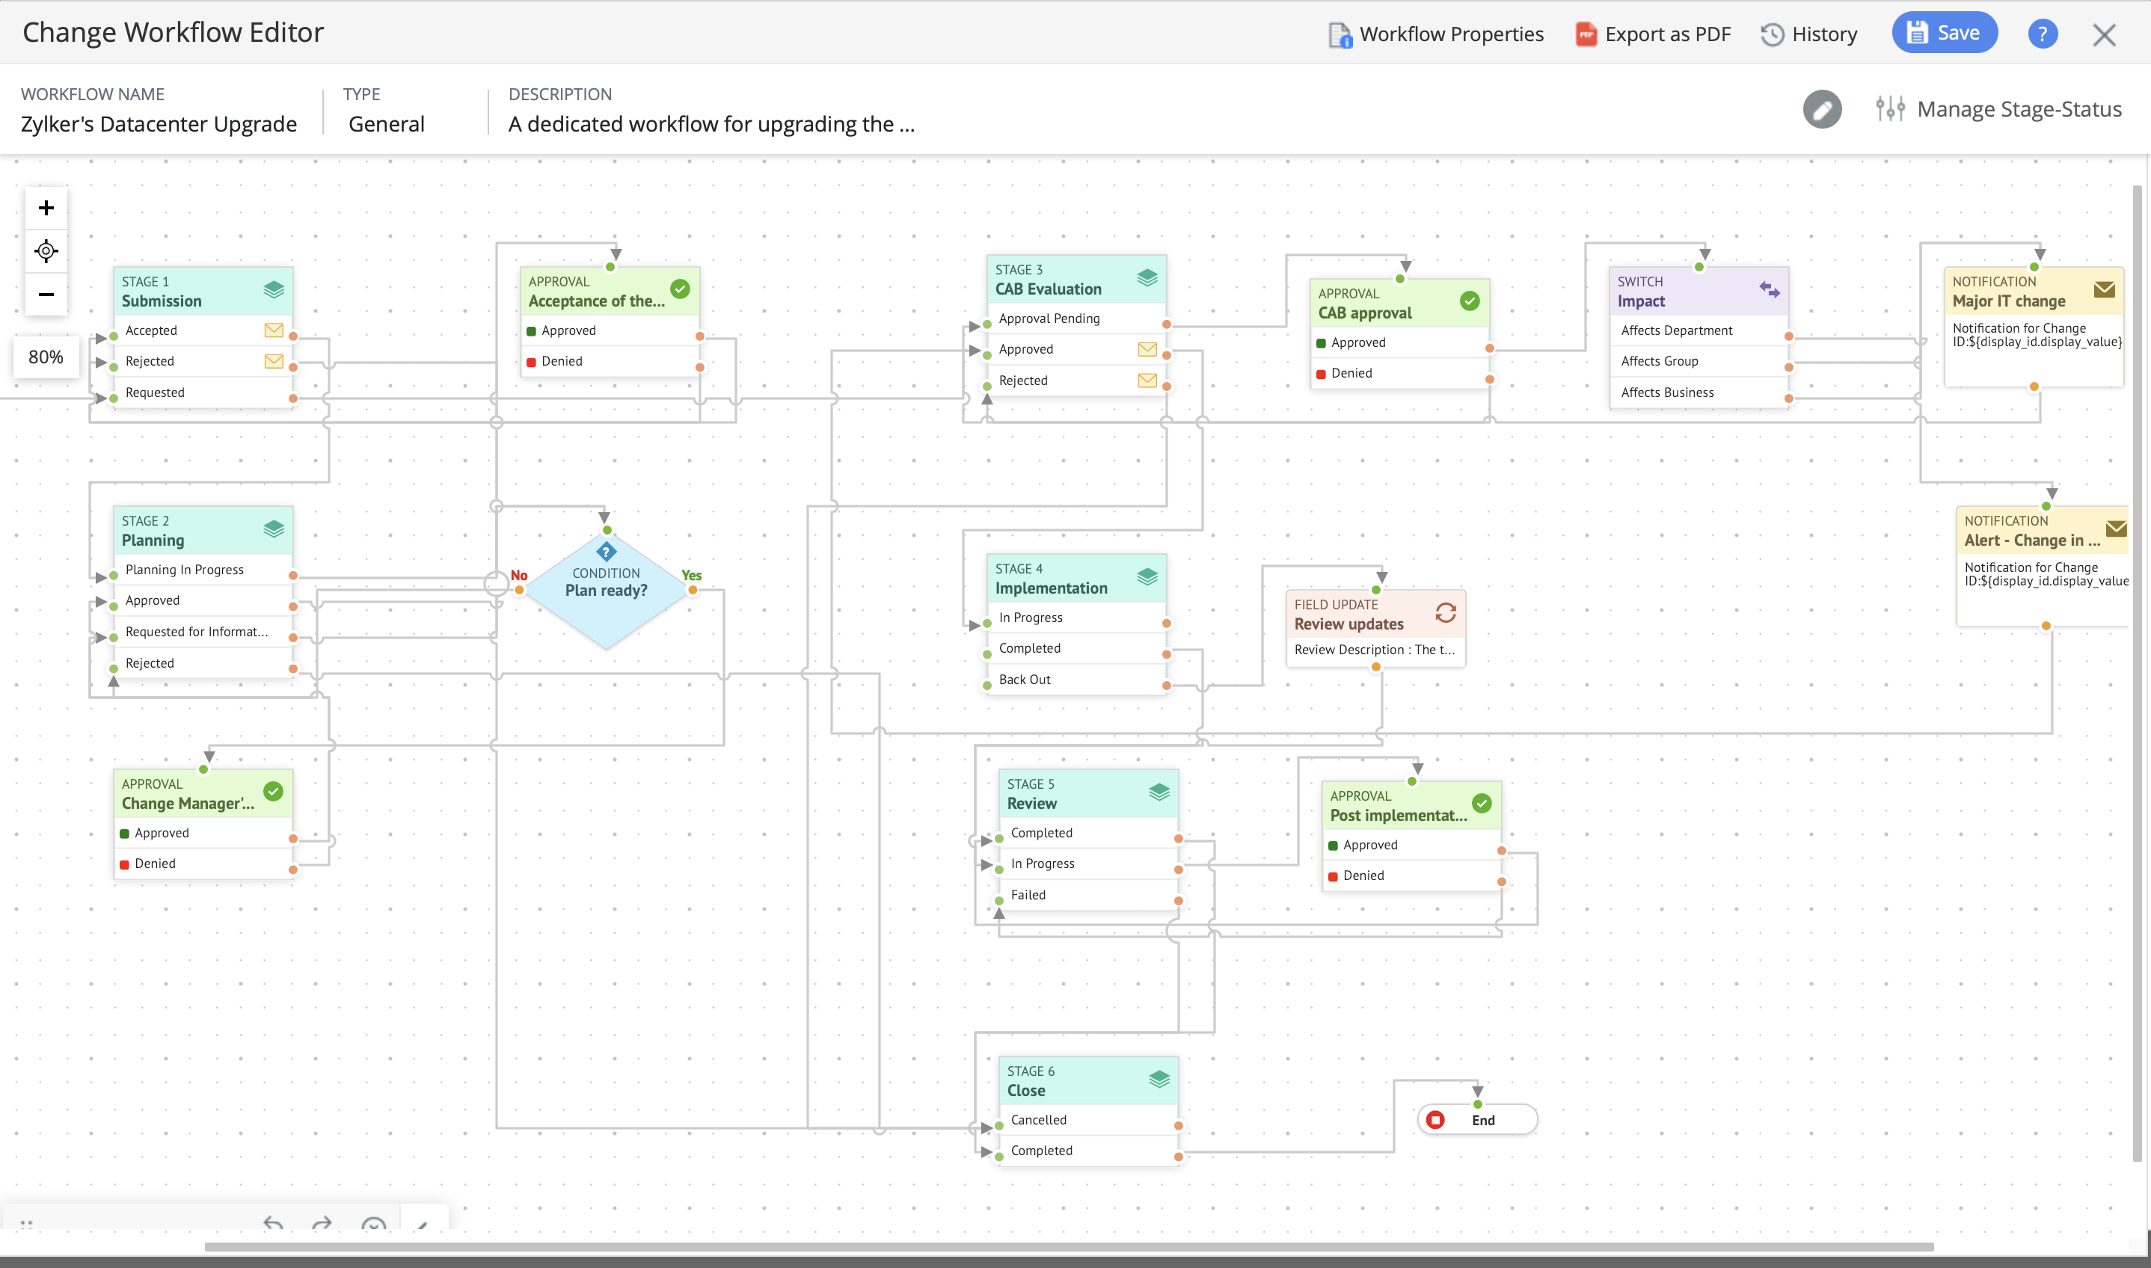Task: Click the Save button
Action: pos(1943,34)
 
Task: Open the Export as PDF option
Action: pos(1653,34)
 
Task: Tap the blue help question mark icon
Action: pos(2042,34)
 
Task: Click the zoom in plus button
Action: pos(46,209)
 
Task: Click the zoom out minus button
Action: pos(46,295)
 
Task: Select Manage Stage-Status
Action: pos(1999,109)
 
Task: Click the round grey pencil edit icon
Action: pos(1822,109)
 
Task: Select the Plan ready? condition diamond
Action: pos(606,588)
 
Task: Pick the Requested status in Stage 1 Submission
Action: pos(155,393)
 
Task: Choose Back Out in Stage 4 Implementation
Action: pos(1025,680)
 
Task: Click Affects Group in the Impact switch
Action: pos(1659,361)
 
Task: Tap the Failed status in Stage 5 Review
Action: pos(1028,896)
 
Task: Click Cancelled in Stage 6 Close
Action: pos(1038,1120)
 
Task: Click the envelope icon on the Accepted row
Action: pos(274,330)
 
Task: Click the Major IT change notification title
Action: pos(2008,301)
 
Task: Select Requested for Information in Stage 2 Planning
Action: pos(197,633)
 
